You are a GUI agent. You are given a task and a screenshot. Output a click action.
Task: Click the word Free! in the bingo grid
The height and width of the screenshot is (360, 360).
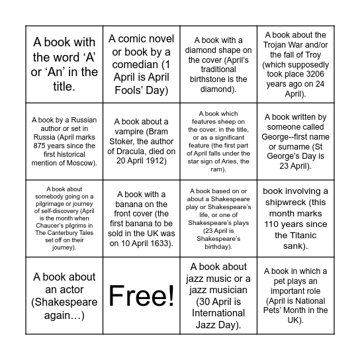point(141,296)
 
